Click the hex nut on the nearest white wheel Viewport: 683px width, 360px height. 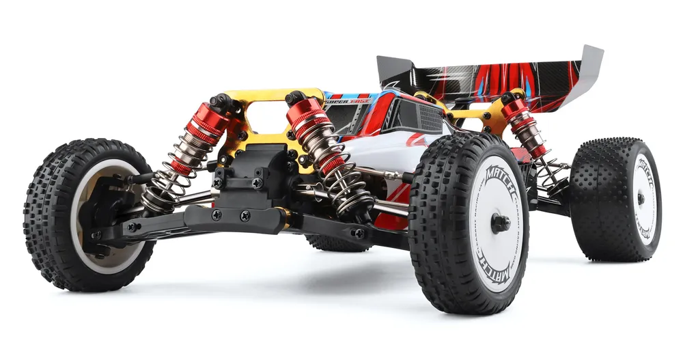501,222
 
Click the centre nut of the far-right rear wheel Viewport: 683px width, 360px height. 640,198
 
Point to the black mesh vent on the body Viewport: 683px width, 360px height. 419,116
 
